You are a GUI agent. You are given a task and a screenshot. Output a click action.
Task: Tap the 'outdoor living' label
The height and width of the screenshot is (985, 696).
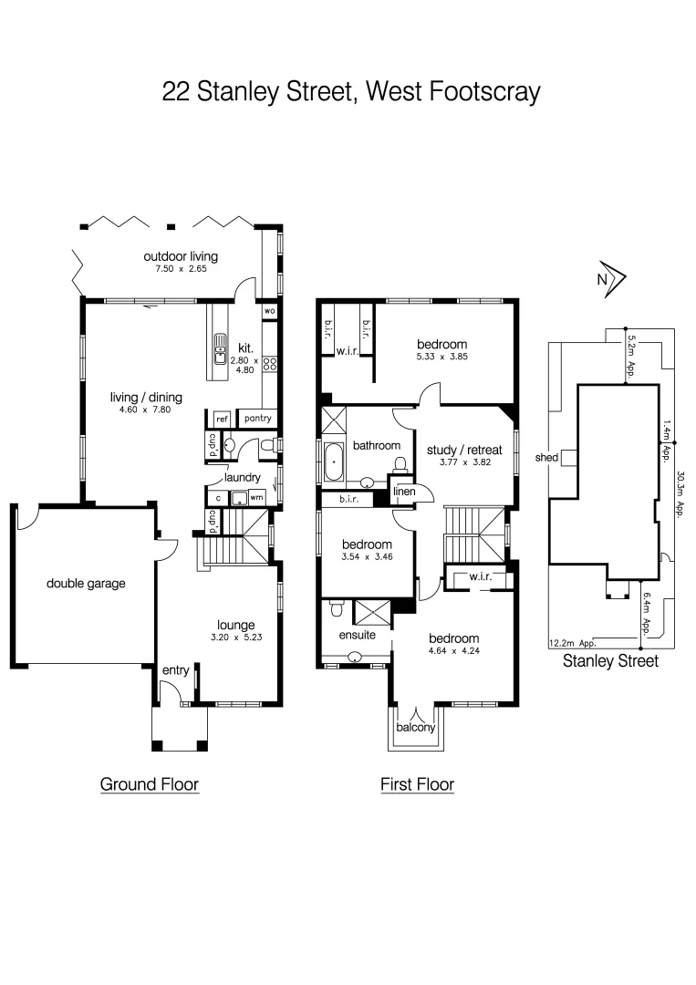coord(180,256)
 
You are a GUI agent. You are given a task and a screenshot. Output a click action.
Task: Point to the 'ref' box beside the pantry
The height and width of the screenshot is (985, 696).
coord(221,419)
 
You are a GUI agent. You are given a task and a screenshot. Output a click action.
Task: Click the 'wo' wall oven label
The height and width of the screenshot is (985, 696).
coord(269,311)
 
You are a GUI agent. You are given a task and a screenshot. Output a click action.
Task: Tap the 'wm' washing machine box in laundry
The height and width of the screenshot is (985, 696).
coord(257,498)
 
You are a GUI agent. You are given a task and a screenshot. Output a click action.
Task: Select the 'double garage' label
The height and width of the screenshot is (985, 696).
coord(86,584)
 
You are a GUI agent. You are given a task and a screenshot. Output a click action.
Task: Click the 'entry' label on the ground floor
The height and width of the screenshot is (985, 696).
coord(175,670)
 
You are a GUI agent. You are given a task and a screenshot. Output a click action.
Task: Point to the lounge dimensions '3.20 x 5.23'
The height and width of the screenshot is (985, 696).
coord(234,638)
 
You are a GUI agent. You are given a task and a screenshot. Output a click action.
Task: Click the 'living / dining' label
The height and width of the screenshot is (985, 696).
coord(146,397)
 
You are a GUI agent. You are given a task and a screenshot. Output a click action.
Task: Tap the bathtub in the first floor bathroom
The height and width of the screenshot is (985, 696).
coord(335,461)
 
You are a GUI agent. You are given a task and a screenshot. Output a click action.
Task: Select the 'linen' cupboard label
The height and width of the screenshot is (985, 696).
coord(404,492)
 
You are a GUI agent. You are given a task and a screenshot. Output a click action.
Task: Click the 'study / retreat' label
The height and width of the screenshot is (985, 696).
coord(464,450)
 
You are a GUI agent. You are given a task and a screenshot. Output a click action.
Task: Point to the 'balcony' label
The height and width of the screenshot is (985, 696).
coord(416,728)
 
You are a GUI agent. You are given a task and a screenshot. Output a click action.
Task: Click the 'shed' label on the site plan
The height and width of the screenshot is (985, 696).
coord(546,458)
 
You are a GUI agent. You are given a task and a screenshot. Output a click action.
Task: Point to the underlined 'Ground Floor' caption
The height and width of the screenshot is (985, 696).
coord(149,784)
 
